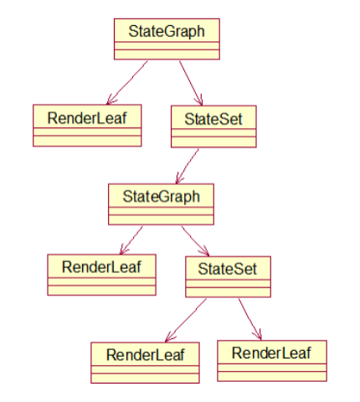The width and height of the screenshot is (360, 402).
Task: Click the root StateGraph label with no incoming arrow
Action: click(x=167, y=31)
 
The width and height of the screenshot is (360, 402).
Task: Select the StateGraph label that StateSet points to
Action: click(x=162, y=197)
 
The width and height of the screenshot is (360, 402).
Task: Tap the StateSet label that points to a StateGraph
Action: click(x=213, y=119)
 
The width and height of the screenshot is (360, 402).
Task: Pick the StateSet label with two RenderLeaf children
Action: click(x=228, y=269)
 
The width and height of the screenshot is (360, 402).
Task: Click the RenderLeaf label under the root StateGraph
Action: click(x=87, y=118)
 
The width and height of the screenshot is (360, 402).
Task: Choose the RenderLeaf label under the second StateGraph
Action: click(x=101, y=267)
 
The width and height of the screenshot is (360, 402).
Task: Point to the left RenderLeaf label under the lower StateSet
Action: click(x=145, y=355)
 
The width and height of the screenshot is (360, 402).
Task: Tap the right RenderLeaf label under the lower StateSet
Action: click(x=271, y=353)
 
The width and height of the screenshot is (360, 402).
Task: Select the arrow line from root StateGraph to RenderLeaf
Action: click(x=127, y=83)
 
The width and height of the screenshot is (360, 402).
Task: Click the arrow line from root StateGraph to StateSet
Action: click(x=191, y=83)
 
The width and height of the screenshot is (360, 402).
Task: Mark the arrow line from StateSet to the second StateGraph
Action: click(x=187, y=167)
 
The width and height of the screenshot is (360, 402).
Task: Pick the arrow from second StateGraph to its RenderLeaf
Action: click(x=131, y=240)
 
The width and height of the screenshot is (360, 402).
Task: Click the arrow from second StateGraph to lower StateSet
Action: click(x=195, y=241)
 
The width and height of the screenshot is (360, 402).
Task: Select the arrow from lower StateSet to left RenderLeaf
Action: click(x=186, y=321)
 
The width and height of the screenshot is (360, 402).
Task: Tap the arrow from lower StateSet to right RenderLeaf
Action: click(x=249, y=319)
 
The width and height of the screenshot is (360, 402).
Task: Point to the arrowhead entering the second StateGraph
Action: click(x=178, y=178)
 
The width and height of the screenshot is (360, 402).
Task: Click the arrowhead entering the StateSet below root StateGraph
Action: click(x=200, y=100)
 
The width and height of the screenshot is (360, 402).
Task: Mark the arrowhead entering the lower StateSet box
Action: click(x=205, y=251)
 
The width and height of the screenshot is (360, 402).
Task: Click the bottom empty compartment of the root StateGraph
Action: click(x=167, y=54)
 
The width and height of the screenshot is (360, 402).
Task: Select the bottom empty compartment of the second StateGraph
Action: click(x=161, y=219)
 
